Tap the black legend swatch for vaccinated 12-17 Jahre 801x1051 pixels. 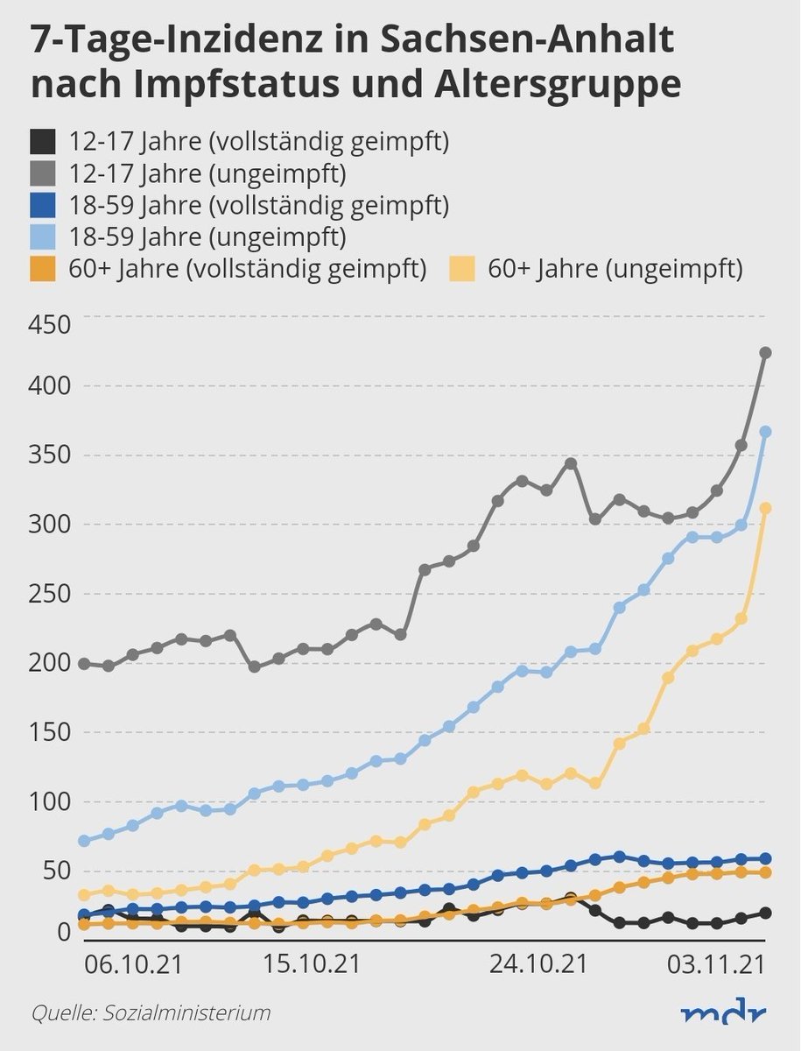(x=44, y=141)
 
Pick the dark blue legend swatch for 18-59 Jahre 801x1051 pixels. (x=44, y=205)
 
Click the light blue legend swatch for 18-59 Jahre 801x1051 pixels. (x=44, y=236)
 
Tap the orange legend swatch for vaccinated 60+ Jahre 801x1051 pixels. (x=44, y=269)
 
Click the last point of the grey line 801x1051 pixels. (x=765, y=352)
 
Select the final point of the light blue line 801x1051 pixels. (x=765, y=432)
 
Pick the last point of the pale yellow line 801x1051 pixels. (x=765, y=508)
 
